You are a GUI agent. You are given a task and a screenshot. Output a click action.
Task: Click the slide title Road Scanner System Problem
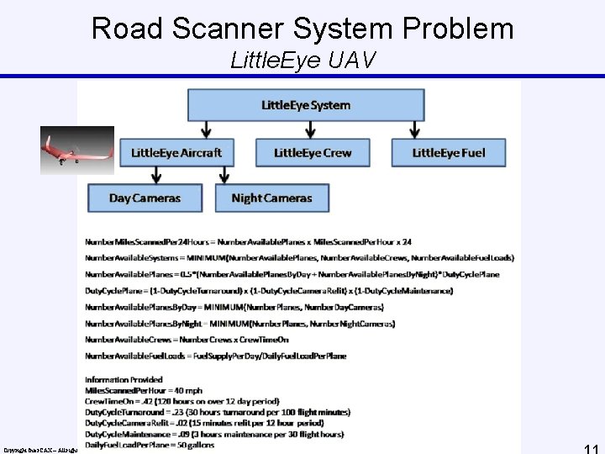(302, 28)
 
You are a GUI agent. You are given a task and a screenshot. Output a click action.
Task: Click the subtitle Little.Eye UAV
(302, 61)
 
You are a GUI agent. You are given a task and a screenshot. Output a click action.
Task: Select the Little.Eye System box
(306, 105)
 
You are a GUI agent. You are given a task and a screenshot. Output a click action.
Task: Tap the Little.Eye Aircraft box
(176, 152)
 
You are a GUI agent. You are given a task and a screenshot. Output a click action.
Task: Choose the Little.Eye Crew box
(312, 152)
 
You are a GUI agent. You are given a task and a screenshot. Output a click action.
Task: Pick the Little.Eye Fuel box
(449, 152)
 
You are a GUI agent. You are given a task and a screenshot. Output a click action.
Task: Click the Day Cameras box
(145, 198)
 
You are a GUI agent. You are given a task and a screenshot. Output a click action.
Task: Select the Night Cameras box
(271, 198)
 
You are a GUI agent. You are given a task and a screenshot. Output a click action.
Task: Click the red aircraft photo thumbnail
(77, 150)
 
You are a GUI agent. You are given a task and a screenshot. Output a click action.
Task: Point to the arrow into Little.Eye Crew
(312, 129)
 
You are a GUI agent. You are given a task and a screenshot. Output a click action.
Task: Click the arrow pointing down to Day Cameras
(155, 175)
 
